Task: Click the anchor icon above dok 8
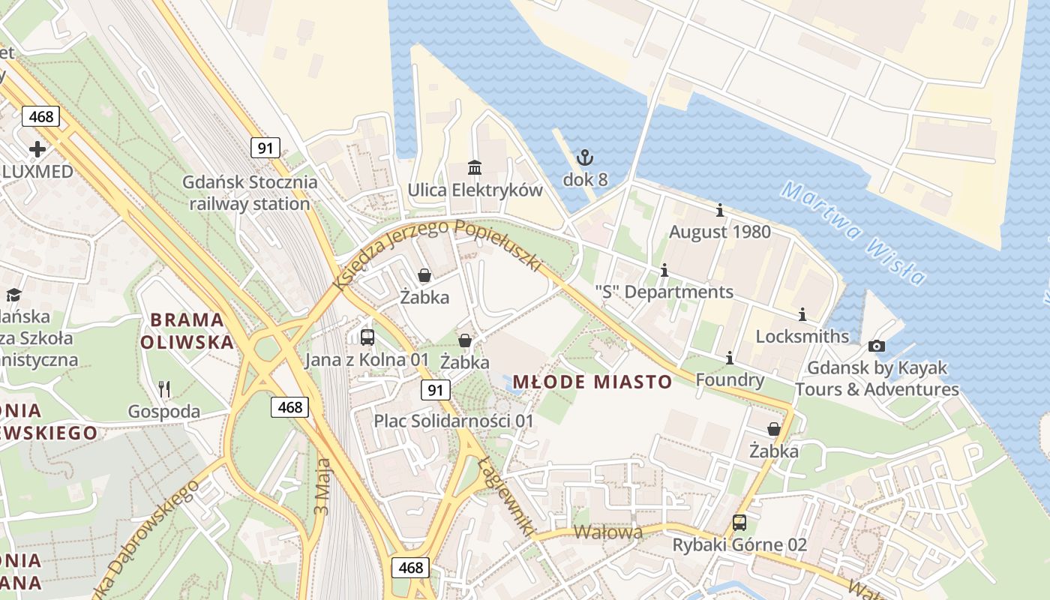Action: [x=584, y=157]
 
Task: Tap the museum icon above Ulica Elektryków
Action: [x=475, y=166]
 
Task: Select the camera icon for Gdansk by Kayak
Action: [x=876, y=346]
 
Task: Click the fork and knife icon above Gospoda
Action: [x=164, y=388]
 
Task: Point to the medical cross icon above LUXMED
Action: [x=37, y=148]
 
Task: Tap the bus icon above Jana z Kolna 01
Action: [x=367, y=337]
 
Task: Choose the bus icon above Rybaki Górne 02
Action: [x=739, y=523]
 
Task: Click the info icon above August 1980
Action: [x=720, y=210]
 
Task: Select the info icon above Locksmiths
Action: [x=802, y=314]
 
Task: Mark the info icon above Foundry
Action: [x=730, y=358]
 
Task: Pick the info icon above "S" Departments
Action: [x=664, y=270]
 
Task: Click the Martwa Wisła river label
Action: [x=853, y=233]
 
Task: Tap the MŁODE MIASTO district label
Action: [x=592, y=382]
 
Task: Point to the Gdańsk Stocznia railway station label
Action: [x=250, y=193]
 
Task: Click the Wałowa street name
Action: [x=608, y=532]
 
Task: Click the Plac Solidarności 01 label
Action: [x=454, y=421]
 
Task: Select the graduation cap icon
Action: [x=13, y=295]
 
